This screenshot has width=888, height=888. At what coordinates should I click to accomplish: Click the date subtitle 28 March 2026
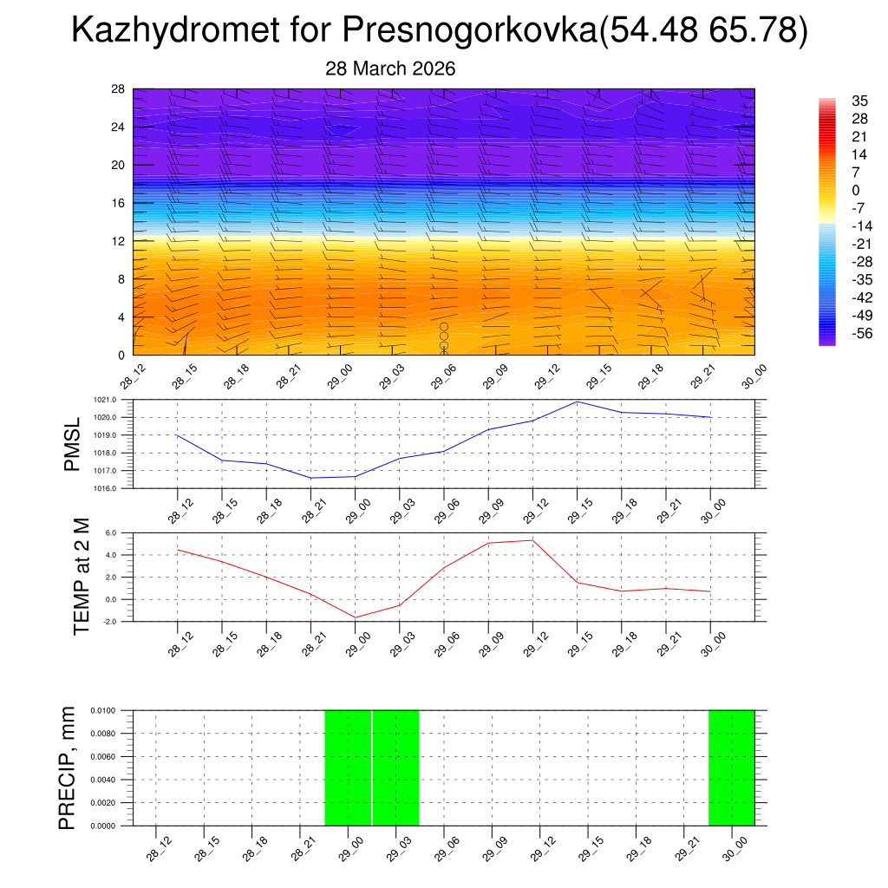pos(390,69)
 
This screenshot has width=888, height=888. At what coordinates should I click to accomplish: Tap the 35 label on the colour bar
pos(836,101)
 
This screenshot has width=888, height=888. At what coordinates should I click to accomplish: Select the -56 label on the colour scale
pos(839,333)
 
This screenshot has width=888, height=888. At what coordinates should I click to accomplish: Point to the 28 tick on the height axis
pos(118,89)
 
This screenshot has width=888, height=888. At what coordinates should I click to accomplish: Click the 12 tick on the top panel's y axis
pos(118,241)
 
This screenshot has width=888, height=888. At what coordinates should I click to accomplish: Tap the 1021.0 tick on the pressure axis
pos(118,400)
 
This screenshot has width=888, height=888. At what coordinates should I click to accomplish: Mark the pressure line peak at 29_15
pos(578,402)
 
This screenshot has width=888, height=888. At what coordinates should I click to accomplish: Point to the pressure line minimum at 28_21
pos(311,478)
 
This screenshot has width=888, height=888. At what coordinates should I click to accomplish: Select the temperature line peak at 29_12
pos(532,540)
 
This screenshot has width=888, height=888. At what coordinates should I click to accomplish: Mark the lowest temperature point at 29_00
pos(356,617)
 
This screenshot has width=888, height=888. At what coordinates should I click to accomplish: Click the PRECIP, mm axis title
pos(68,768)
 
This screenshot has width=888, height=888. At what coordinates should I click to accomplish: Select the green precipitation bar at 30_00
pos(731,767)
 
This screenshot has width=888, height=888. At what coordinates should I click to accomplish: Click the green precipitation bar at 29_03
pos(396,767)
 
